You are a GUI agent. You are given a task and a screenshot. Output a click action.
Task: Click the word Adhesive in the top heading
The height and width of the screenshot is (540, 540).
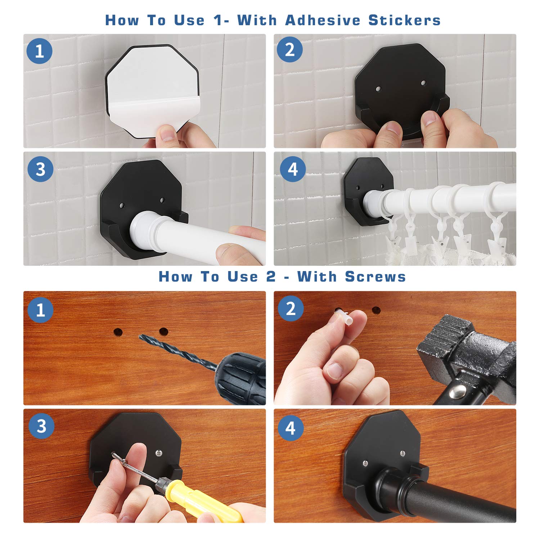323,20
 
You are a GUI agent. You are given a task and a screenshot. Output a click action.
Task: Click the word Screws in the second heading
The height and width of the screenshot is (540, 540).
375,276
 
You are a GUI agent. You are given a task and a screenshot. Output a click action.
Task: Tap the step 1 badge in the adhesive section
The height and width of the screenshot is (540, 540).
40,51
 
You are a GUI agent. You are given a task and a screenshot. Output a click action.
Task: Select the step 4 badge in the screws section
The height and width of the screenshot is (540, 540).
290,428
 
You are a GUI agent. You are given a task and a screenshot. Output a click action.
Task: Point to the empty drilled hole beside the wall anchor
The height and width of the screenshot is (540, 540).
376,310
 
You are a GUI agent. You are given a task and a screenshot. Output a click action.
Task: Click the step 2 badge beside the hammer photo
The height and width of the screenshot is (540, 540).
291,309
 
